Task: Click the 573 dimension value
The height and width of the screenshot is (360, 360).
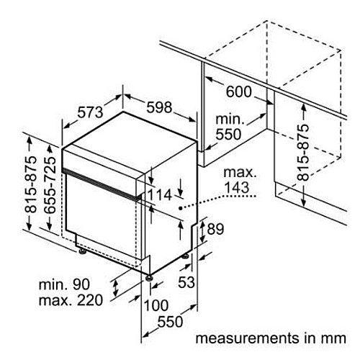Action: point(91,112)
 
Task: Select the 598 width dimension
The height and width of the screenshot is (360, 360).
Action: point(159,107)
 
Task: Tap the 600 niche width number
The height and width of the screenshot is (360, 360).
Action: point(239,91)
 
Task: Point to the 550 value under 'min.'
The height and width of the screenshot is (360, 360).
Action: point(228,134)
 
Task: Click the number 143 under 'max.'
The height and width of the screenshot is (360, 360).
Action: point(236,187)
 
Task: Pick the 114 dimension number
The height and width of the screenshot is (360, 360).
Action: point(159,195)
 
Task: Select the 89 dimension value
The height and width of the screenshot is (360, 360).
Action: point(215,229)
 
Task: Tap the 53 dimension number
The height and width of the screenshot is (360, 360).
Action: point(186,282)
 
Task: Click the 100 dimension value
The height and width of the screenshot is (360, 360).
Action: point(156,305)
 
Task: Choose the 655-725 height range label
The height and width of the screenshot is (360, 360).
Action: point(50,185)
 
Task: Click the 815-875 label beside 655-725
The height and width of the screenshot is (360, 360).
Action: point(31,184)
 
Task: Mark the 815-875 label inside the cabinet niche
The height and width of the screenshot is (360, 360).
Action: point(302,152)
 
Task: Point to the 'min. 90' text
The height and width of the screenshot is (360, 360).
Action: point(64,284)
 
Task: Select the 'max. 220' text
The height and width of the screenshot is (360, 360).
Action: point(71,300)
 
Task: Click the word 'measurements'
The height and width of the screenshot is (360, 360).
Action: point(247,338)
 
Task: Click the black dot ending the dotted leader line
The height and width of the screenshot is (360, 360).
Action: point(180,208)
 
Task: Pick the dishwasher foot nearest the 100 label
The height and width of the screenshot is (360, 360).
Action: point(150,278)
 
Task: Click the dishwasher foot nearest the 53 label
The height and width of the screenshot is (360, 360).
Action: point(186,256)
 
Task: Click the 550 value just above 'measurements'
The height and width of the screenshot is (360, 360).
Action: point(170,321)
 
